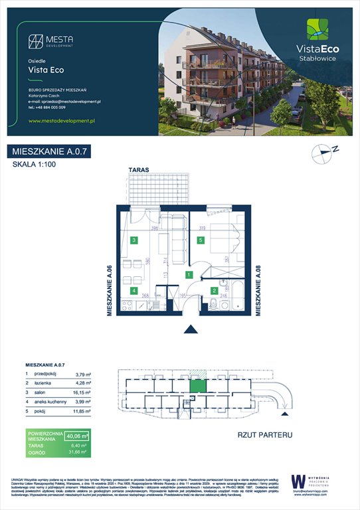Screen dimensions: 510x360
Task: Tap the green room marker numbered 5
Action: [x=200, y=240]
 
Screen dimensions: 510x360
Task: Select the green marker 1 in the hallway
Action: [x=189, y=274]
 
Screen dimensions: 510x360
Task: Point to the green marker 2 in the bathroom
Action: [x=215, y=290]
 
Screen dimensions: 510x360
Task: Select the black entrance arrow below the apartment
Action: [x=191, y=329]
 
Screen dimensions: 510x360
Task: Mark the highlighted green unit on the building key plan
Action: [x=197, y=385]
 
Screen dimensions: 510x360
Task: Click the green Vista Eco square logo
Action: [x=316, y=31]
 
